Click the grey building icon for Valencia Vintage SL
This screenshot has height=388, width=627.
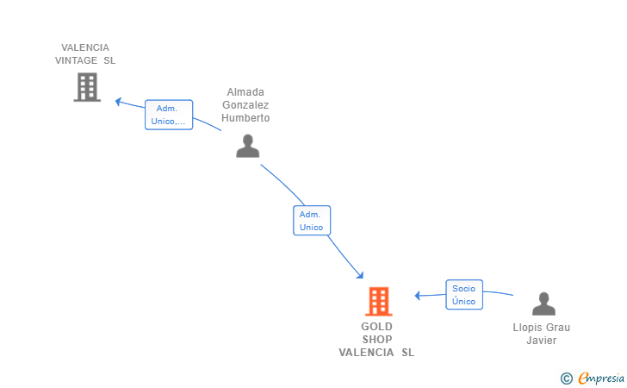coord(87,87)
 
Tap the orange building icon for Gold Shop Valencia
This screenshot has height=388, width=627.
coord(379,301)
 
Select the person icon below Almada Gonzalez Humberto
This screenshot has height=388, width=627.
coord(247,146)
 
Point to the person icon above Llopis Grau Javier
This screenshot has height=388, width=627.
coord(543,304)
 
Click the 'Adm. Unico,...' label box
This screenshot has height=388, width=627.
coord(169,115)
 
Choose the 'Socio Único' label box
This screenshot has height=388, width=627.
coord(464,295)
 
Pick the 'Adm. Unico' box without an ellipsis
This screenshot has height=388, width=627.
coord(312,221)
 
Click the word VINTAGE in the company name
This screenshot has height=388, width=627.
coord(76,60)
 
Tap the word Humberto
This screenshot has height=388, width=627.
coord(245,118)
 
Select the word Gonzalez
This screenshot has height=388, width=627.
coord(245,105)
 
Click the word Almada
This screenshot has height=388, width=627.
coord(245,92)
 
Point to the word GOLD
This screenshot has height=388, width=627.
coord(376,326)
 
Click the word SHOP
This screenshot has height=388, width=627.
coord(377,340)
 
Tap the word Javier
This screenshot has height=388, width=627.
coord(542,341)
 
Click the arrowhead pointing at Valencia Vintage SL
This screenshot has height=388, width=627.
coord(118,101)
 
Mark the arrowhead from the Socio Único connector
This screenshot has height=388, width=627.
coord(418,296)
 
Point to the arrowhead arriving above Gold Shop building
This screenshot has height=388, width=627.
coord(360,275)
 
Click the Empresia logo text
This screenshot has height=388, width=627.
coord(601,378)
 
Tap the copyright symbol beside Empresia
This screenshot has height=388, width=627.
coord(566,379)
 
